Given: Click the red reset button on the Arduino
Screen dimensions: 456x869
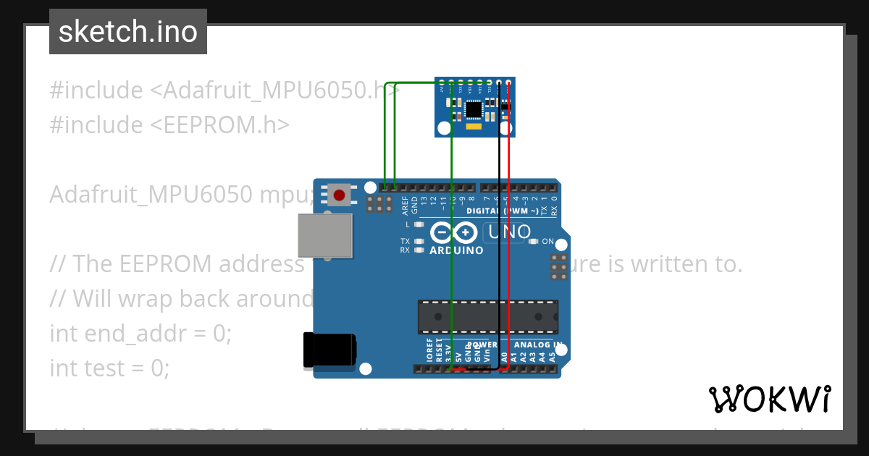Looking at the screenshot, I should (339, 195).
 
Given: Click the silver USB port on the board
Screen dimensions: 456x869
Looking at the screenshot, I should (325, 235).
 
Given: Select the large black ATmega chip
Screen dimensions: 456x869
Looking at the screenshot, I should (487, 317).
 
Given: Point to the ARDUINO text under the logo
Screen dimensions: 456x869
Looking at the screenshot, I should (456, 250).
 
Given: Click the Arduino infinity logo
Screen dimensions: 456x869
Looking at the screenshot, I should (453, 233).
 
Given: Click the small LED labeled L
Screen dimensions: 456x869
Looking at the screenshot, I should (419, 225).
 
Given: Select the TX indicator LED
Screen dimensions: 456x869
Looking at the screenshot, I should (419, 241).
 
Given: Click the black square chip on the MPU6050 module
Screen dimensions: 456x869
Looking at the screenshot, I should (473, 109).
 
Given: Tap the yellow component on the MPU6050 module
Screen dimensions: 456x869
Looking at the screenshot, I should (474, 127).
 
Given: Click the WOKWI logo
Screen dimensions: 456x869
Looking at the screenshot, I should (769, 399).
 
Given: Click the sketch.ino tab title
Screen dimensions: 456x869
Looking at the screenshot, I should (128, 32).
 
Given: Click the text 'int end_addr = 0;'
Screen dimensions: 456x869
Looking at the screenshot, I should (140, 334).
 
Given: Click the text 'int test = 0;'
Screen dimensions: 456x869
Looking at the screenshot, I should (109, 368).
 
